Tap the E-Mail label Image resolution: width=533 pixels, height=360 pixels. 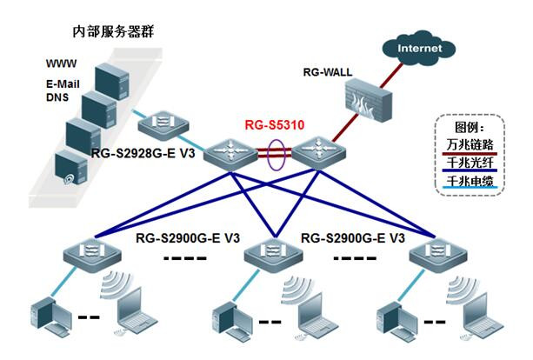point(64,84)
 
